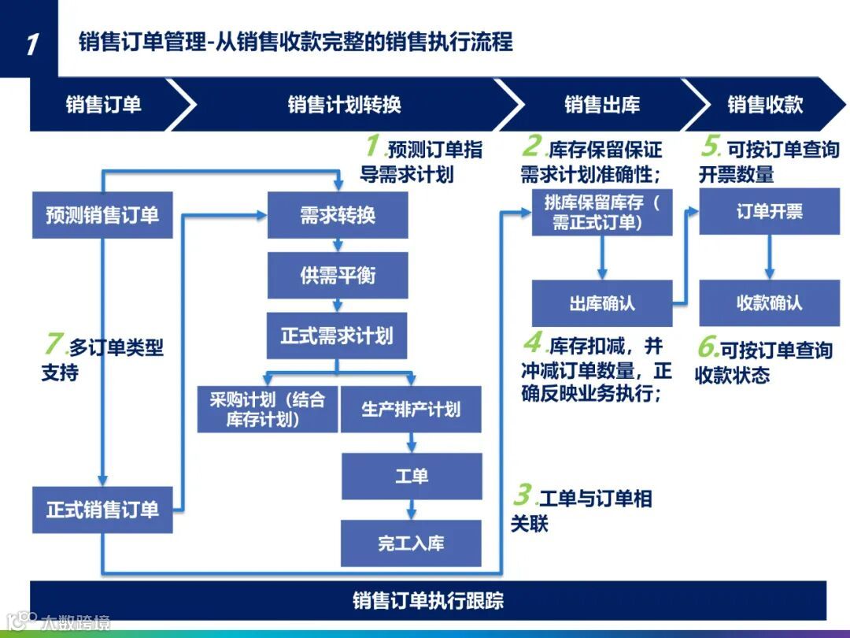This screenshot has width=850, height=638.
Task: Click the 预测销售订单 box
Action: point(102,214)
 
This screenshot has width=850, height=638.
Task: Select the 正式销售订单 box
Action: point(102,510)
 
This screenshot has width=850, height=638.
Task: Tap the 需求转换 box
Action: point(338,214)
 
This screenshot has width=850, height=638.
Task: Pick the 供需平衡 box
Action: point(338,275)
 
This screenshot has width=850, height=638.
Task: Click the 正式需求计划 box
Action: point(338,336)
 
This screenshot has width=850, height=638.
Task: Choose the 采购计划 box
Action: point(267,409)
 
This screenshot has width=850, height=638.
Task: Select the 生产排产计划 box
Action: point(410,409)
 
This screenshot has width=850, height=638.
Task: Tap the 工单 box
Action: point(411,476)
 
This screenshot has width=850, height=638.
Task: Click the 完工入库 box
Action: point(411,543)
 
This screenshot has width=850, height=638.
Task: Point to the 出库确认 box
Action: point(602,303)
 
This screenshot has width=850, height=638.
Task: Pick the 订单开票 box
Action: point(769,211)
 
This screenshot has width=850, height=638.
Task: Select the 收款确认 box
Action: point(769,303)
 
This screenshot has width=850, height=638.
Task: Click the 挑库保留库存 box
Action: point(602,212)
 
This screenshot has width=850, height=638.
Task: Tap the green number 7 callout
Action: point(53,344)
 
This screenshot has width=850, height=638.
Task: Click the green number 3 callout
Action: point(521,495)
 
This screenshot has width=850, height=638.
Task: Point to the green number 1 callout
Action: point(373,147)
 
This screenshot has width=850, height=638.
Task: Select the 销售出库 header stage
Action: point(602,104)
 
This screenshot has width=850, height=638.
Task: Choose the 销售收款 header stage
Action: point(764,104)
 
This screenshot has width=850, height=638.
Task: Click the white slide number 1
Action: point(30,43)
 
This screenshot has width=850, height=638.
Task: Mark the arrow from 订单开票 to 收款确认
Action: point(769,257)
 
